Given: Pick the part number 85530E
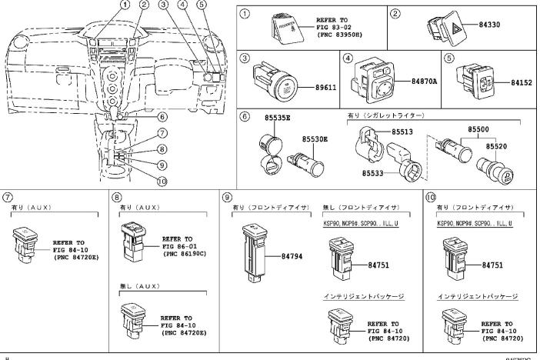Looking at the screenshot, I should coord(314,139).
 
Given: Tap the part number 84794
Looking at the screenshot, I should coord(291,255).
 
